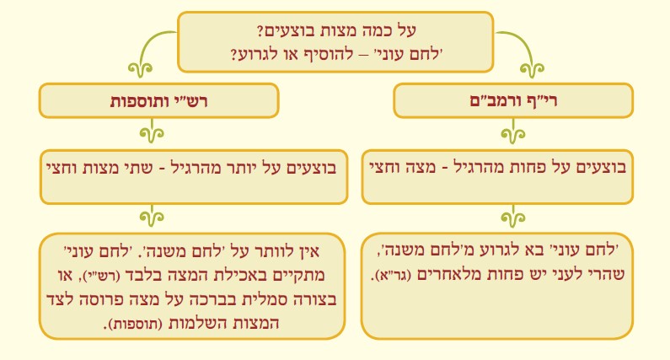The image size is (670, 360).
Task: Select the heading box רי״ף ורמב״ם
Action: point(513,100)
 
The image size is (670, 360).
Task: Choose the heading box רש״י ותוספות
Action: point(159,100)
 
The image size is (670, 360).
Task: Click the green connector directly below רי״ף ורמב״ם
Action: point(513,132)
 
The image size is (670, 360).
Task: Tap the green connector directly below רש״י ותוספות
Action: point(152,132)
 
